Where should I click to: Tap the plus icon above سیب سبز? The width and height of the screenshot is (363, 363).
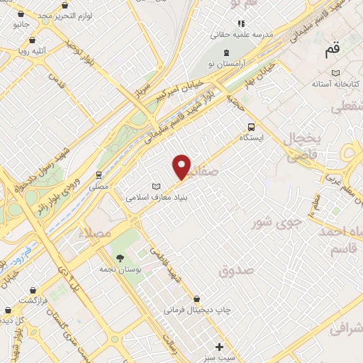[x=220, y=347]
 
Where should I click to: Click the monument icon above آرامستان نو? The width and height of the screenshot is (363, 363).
[x=226, y=53]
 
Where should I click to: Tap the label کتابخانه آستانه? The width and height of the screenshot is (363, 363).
[x=336, y=84]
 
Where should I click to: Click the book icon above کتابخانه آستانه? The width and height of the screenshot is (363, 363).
[x=336, y=72]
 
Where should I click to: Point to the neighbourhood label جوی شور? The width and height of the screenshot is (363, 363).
[x=277, y=223]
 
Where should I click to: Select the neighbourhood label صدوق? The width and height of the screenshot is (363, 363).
[x=235, y=269]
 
